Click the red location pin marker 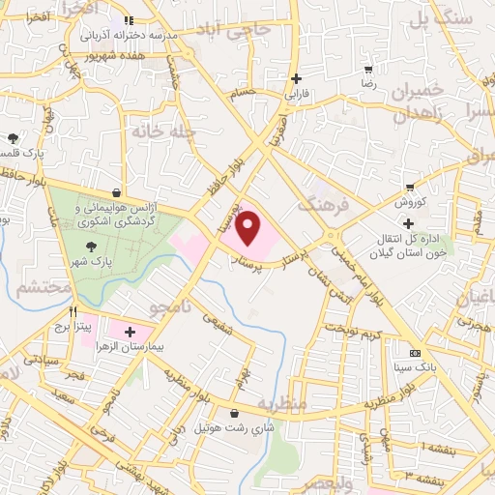[x=249, y=228]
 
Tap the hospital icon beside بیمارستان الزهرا [x=129, y=332]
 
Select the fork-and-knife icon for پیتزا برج [x=73, y=312]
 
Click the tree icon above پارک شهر [x=93, y=220]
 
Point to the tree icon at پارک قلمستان [x=13, y=139]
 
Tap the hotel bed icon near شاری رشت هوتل [x=233, y=410]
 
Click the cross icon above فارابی [x=297, y=78]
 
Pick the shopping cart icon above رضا [x=368, y=70]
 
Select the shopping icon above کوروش [x=411, y=188]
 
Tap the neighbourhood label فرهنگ [x=320, y=204]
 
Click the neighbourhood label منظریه [x=281, y=400]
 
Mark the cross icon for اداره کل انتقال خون [x=409, y=223]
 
